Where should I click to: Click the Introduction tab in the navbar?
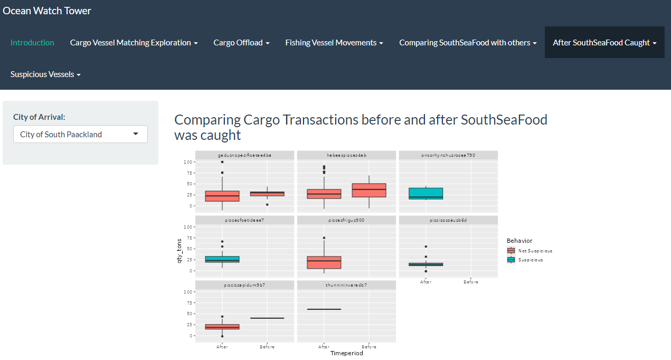pos(32,43)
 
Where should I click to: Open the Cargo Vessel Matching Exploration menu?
pos(134,43)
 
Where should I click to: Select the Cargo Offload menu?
pos(241,43)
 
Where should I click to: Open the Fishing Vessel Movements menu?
pos(334,43)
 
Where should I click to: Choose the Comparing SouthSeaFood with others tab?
pos(468,43)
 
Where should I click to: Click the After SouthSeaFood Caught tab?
pos(604,43)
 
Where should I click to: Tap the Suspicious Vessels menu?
pos(45,74)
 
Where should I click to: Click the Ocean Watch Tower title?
pos(47,11)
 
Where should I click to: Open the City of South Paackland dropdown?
pos(80,135)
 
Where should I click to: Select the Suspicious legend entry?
pos(530,260)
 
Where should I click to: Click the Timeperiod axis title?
pos(346,353)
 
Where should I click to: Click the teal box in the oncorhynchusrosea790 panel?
pos(426,193)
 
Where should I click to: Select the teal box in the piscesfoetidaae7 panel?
pos(222,259)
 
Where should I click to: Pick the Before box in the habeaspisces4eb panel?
pos(369,190)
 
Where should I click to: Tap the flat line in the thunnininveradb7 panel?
pos(324,309)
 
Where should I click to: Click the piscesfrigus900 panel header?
pos(346,220)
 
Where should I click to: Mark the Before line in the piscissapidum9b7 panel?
pos(267,318)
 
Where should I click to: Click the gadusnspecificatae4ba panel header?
pos(244,155)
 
